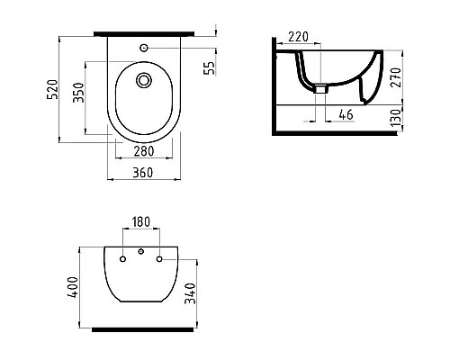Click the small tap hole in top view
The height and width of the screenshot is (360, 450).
pos(143,46)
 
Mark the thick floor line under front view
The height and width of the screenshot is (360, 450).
pos(139,329)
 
